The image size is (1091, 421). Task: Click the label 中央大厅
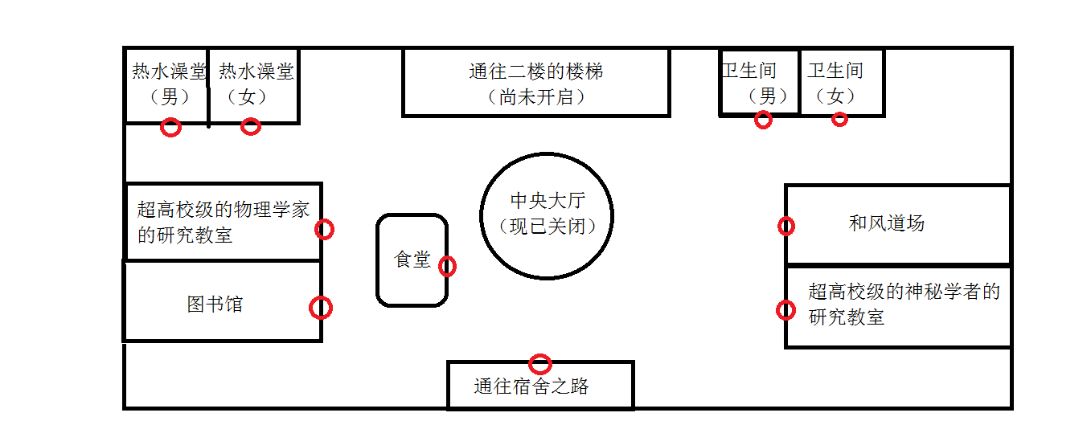[x=548, y=200]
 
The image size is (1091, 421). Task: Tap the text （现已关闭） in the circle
[x=548, y=226]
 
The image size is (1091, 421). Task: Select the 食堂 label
[x=412, y=259]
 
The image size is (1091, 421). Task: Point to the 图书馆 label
[x=215, y=305]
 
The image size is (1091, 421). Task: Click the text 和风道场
[x=887, y=223]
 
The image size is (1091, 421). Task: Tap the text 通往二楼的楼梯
[x=535, y=72]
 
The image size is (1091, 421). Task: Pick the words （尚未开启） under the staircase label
[x=535, y=97]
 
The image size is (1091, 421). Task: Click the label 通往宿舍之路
[x=531, y=386]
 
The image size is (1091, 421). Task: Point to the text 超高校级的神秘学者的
[x=904, y=292]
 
